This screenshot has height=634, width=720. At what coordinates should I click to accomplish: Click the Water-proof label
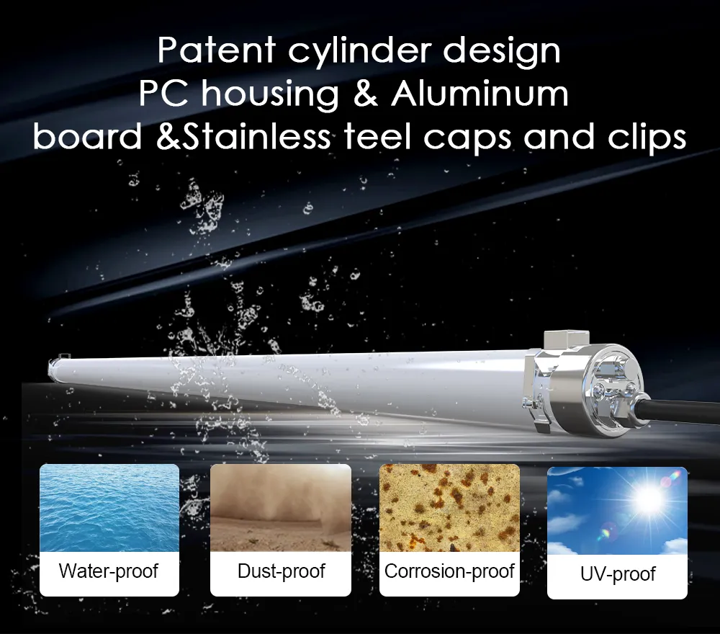pos(109,572)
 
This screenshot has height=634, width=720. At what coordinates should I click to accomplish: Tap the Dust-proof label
pos(281,572)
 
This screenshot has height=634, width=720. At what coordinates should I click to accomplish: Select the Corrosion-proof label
pos(449,572)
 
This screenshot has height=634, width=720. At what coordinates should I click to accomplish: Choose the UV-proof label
pos(617,574)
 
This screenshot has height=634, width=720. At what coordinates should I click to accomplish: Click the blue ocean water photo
pos(109,507)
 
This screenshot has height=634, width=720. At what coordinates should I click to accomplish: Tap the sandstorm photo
pos(281,507)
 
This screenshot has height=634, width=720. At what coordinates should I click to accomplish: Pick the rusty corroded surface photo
pos(449,507)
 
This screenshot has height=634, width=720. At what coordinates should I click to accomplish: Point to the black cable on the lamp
pos(684,419)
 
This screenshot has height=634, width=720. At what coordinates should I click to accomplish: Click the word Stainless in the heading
pos(258,137)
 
